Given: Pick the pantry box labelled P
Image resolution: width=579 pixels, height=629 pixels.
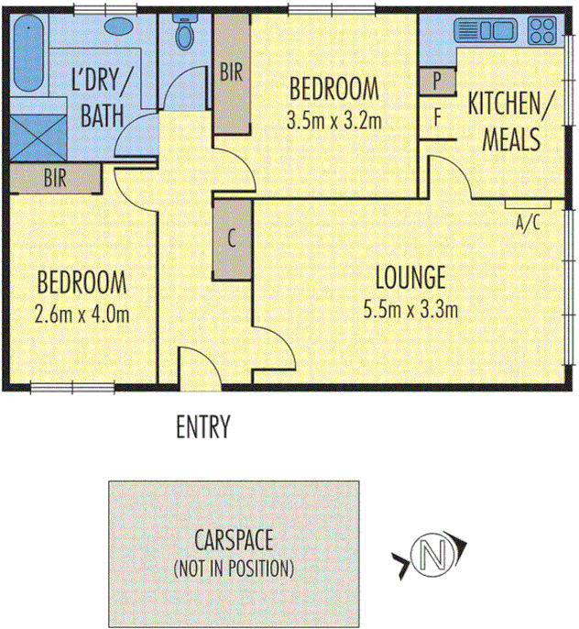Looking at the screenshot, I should (x=438, y=81).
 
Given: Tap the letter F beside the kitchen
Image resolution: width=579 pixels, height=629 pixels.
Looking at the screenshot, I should (x=438, y=117).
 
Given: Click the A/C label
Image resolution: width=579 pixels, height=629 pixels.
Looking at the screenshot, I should (x=529, y=221).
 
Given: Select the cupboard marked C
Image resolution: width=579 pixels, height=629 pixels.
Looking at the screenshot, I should (x=232, y=240).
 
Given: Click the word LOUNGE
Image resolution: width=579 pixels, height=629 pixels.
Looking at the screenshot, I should (x=410, y=275).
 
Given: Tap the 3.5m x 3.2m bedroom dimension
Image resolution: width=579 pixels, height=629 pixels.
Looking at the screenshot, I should (x=333, y=120).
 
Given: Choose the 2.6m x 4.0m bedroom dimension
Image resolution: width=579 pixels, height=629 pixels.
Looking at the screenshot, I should (x=82, y=314).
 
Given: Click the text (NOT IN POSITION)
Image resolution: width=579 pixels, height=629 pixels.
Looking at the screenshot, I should (x=234, y=568).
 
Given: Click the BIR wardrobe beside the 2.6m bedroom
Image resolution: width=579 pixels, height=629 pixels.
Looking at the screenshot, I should (x=54, y=179).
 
